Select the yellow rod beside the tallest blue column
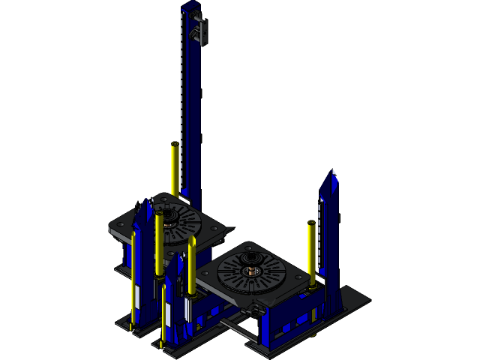click(x=175, y=169)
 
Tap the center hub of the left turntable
click(x=166, y=219)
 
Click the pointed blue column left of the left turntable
click(x=142, y=240)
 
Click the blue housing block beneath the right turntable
click(x=281, y=322)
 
